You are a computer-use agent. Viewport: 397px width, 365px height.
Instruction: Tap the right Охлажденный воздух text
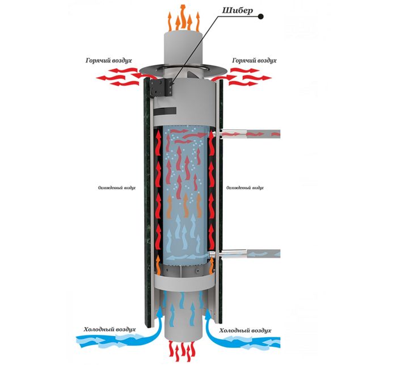pyautogui.click(x=246, y=187)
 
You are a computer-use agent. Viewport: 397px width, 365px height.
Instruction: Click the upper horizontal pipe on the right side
pyautogui.click(x=253, y=133)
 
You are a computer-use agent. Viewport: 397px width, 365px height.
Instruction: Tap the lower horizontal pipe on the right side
pyautogui.click(x=253, y=255)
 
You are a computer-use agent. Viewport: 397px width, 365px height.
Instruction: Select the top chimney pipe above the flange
pyautogui.click(x=183, y=48)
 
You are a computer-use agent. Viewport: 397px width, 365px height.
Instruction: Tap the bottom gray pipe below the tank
pyautogui.click(x=183, y=318)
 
